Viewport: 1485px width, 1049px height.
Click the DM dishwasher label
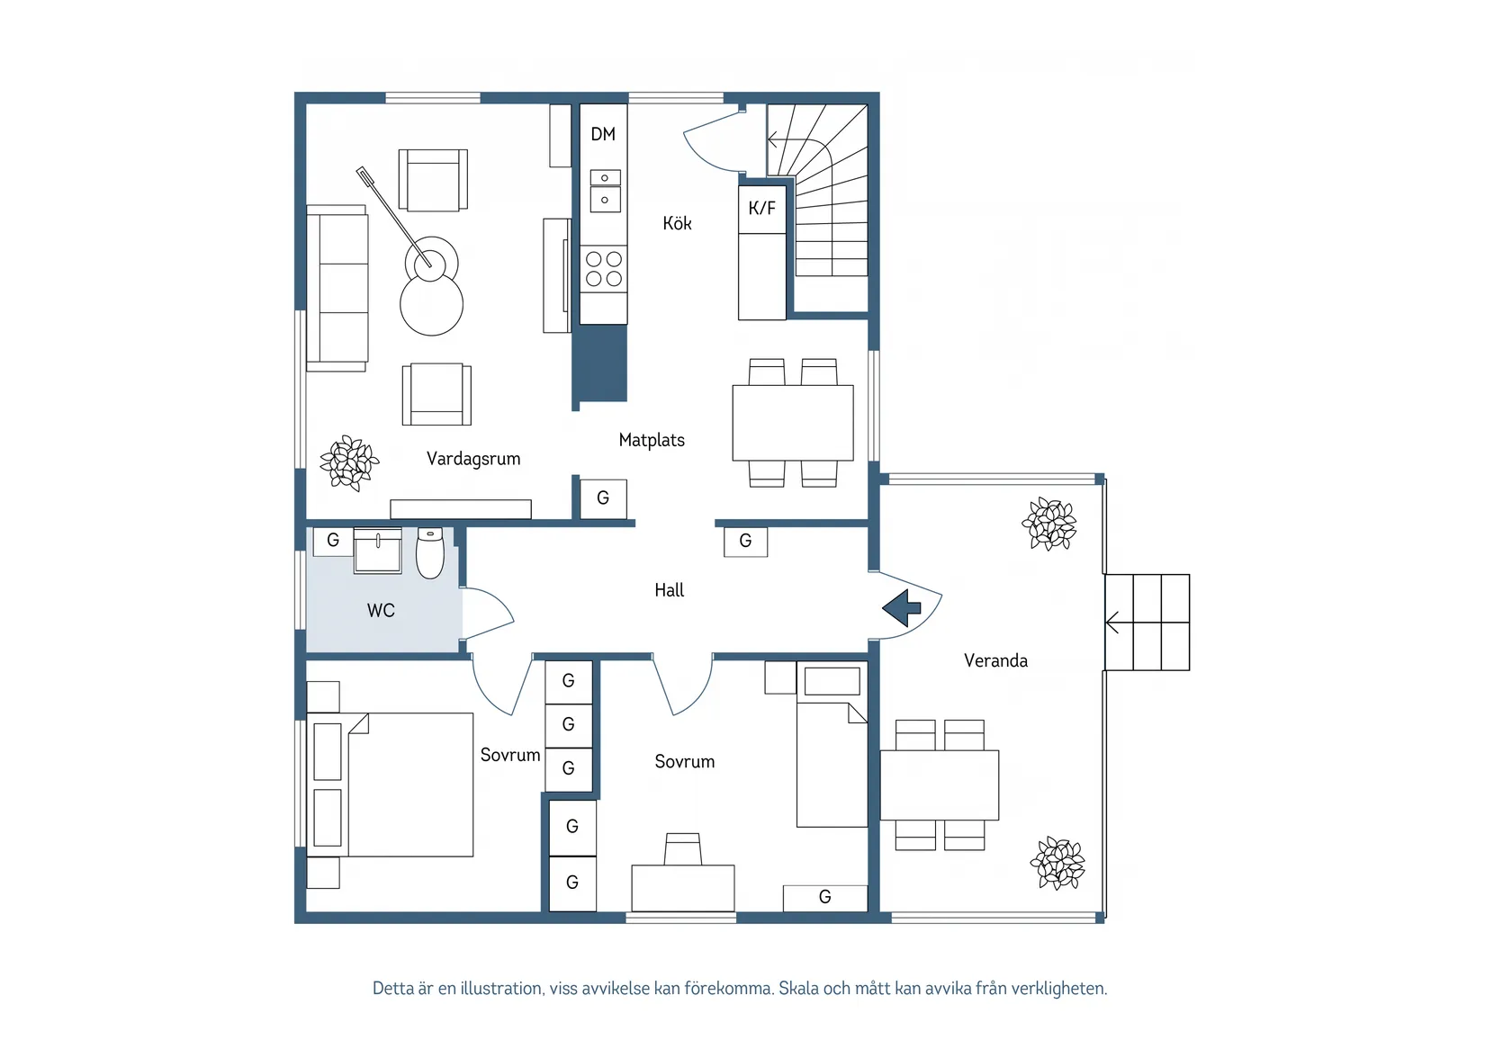603,135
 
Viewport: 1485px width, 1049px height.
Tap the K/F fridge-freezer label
761,208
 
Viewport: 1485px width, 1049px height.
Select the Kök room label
677,222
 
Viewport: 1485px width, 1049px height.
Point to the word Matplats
651,440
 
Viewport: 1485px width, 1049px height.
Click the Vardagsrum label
473,459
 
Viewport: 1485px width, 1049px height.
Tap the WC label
381,610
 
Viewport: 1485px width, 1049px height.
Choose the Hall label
669,590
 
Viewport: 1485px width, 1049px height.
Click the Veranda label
995,660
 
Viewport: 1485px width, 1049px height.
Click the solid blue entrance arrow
902,607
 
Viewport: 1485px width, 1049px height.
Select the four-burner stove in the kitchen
603,268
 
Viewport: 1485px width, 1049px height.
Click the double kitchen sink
606,191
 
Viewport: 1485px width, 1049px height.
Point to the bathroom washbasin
377,550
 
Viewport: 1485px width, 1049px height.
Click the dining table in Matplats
793,423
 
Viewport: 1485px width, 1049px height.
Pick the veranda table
939,785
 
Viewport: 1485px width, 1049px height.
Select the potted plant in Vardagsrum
349,463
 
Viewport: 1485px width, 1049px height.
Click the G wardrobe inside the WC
333,541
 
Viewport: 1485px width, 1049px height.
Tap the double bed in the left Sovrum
391,785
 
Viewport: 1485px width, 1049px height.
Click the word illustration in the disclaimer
502,988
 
